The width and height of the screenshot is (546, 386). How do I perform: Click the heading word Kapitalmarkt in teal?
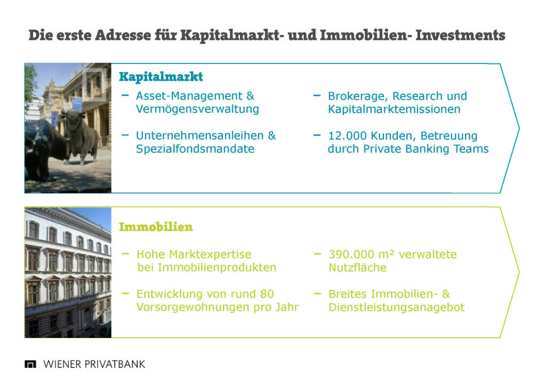(x=161, y=77)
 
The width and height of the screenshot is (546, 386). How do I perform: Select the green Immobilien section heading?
(x=156, y=227)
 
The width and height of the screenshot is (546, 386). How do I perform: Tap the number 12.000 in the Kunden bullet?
(x=347, y=135)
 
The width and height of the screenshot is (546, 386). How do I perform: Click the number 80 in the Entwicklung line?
(x=267, y=294)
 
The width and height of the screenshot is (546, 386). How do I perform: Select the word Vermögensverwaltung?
(x=197, y=109)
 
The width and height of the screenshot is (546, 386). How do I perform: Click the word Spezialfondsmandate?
(x=195, y=149)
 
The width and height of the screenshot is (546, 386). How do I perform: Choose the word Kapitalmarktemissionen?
(x=394, y=109)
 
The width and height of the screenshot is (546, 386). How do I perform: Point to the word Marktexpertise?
(x=210, y=254)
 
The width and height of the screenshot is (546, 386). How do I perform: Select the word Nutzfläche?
(x=358, y=267)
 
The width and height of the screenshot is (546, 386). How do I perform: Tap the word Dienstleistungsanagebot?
(x=397, y=308)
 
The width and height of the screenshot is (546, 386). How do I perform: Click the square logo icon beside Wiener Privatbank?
(x=30, y=365)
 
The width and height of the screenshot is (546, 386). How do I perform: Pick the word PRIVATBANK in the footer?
(x=115, y=365)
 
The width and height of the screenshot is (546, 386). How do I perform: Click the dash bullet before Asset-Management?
(x=125, y=95)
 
